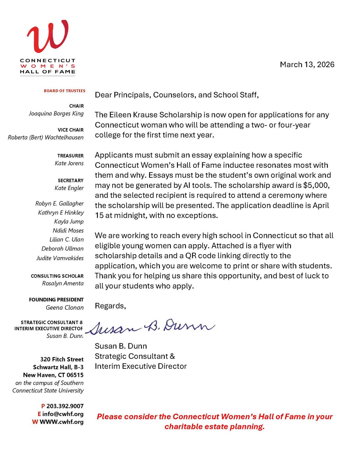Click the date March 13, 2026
[307, 65]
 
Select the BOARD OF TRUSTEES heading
[64, 91]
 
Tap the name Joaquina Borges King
[56, 113]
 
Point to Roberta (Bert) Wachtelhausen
[46, 137]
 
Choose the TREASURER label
[70, 155]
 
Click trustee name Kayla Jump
[69, 221]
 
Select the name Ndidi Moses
[68, 230]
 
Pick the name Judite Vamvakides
[60, 258]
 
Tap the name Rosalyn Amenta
[63, 283]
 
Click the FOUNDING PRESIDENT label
[56, 299]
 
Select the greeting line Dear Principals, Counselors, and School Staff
[177, 95]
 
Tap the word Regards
[110, 306]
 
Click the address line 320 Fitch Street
[62, 359]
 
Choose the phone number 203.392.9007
[65, 406]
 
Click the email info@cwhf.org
[63, 414]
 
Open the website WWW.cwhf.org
[61, 422]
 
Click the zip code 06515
[75, 375]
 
